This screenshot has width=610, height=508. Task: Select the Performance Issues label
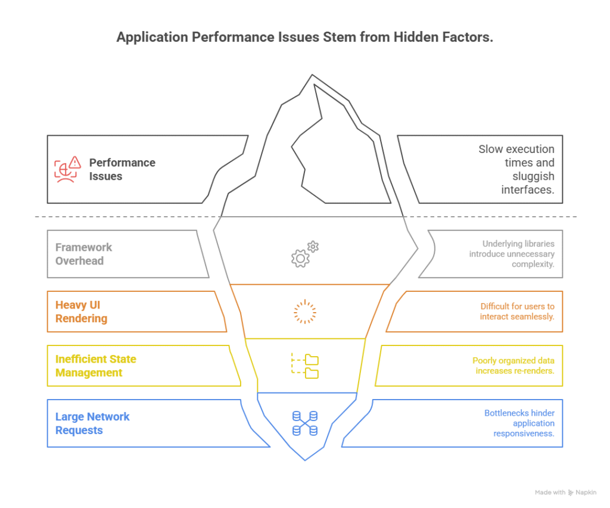tap(122, 169)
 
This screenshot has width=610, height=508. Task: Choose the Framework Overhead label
tap(83, 254)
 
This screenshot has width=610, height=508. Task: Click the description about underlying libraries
tap(512, 254)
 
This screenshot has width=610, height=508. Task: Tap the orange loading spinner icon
tap(305, 312)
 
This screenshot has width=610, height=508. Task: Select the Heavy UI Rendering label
tap(81, 311)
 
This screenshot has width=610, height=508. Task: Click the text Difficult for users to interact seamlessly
tap(516, 311)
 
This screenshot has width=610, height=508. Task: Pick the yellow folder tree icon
tap(305, 366)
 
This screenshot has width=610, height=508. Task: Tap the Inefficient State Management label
tap(95, 366)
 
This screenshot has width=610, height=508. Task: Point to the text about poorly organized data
tap(513, 366)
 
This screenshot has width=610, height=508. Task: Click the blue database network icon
tap(304, 423)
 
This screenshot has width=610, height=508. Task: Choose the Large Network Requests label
tap(92, 423)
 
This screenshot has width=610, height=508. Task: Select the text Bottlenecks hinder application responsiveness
tap(519, 423)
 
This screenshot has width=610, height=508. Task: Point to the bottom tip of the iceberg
tap(305, 459)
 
